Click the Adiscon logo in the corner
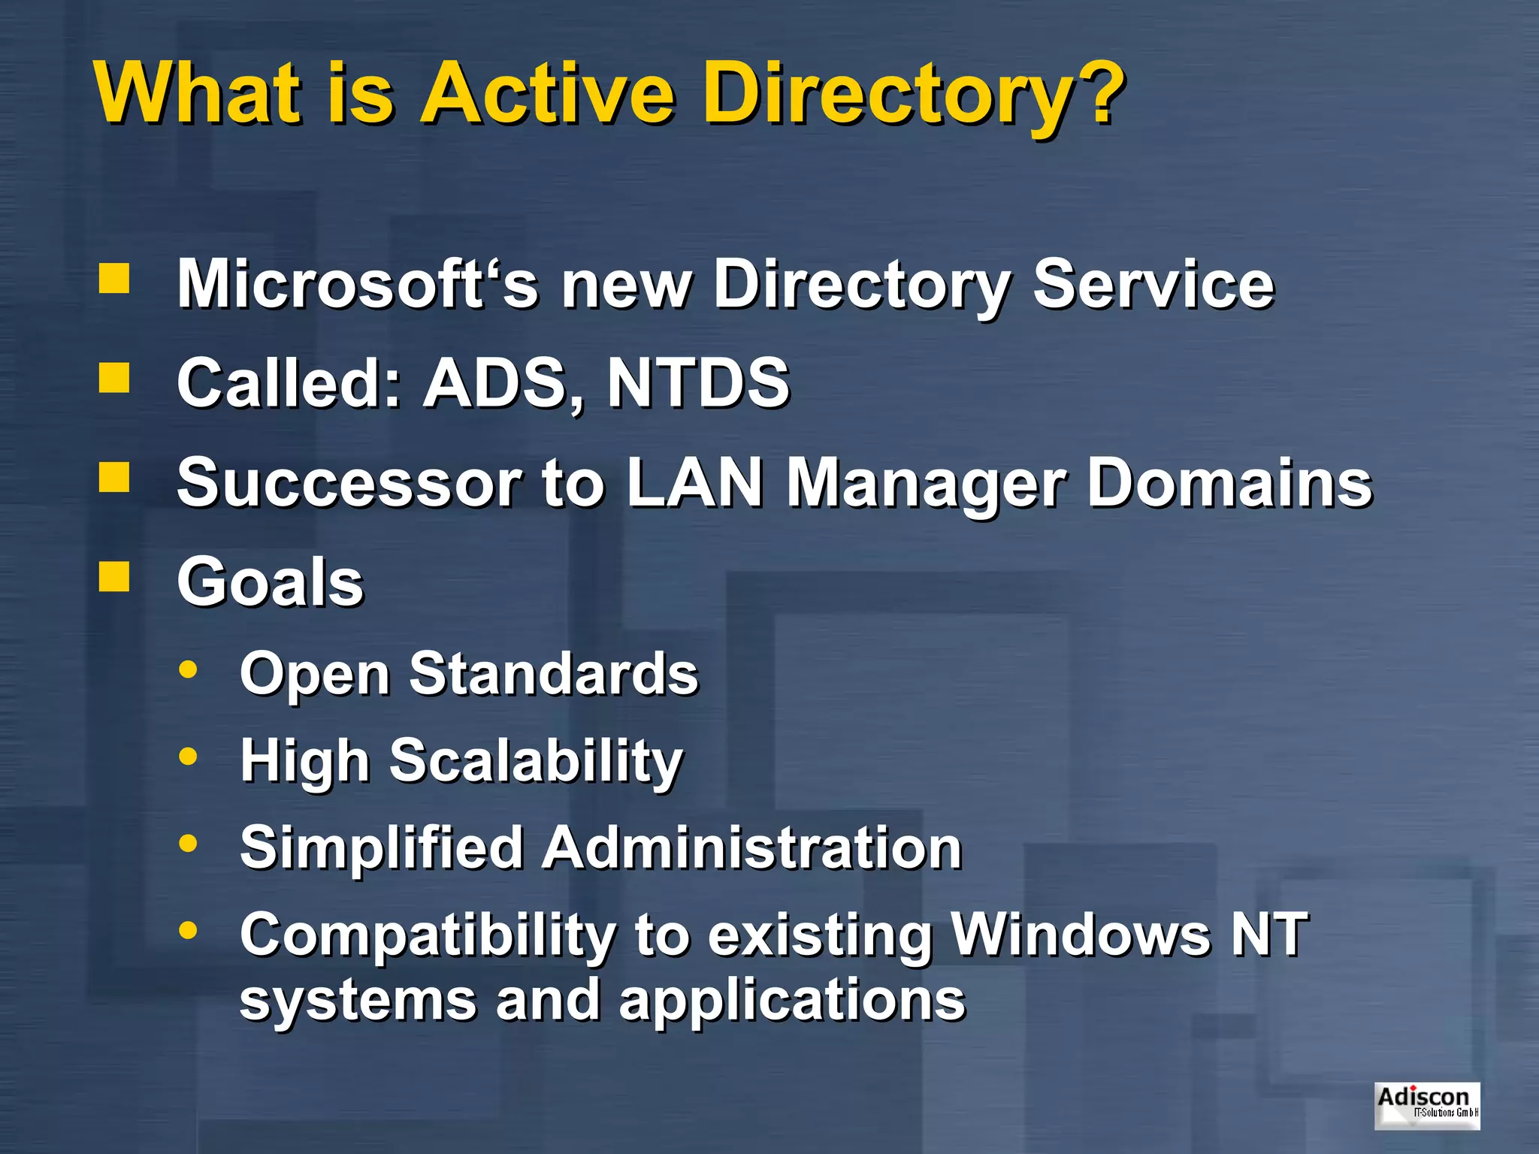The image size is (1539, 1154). [x=1426, y=1105]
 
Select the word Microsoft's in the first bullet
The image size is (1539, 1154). [x=357, y=284]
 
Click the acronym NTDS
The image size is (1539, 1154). [x=698, y=383]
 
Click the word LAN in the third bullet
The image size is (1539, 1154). [x=694, y=482]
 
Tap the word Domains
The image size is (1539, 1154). [x=1229, y=482]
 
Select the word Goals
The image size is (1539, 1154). [x=271, y=582]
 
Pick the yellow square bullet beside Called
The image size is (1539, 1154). [x=114, y=378]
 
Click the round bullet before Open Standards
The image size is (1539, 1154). [x=188, y=669]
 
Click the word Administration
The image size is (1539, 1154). [x=752, y=847]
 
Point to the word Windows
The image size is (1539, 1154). [x=1081, y=934]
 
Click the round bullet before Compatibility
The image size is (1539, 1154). [x=188, y=930]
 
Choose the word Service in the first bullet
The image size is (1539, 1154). [x=1153, y=284]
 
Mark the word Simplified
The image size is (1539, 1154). [x=382, y=847]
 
